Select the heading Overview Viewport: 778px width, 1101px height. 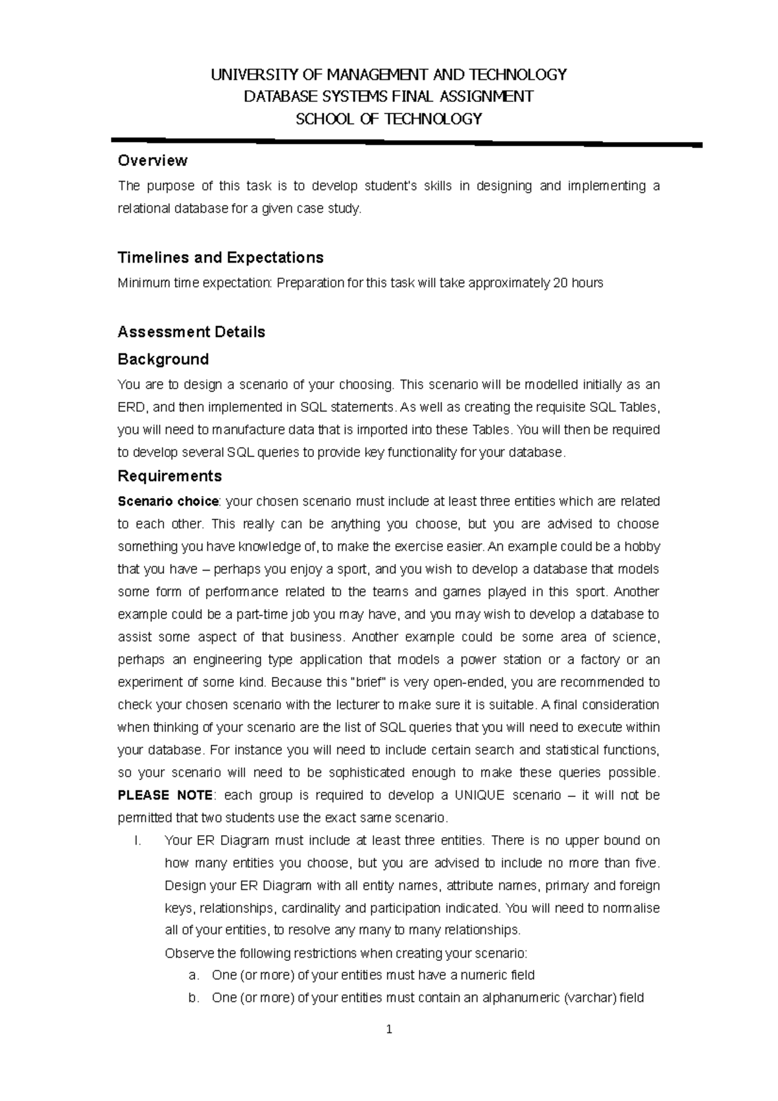pos(152,160)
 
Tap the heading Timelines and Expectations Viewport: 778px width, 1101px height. pos(220,257)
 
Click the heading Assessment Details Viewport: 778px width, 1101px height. pos(191,332)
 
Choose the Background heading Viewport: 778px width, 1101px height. pos(163,359)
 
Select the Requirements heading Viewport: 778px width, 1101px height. pos(169,476)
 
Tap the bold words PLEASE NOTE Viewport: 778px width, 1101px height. pos(165,795)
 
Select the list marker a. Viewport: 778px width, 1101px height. pos(193,975)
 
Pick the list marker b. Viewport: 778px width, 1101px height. pos(193,998)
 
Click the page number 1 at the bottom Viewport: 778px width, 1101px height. pos(389,1029)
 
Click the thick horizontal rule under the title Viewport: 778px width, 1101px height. pos(407,142)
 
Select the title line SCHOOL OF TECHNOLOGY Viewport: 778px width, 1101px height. pos(389,119)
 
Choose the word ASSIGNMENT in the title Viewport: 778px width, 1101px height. pos(487,97)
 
